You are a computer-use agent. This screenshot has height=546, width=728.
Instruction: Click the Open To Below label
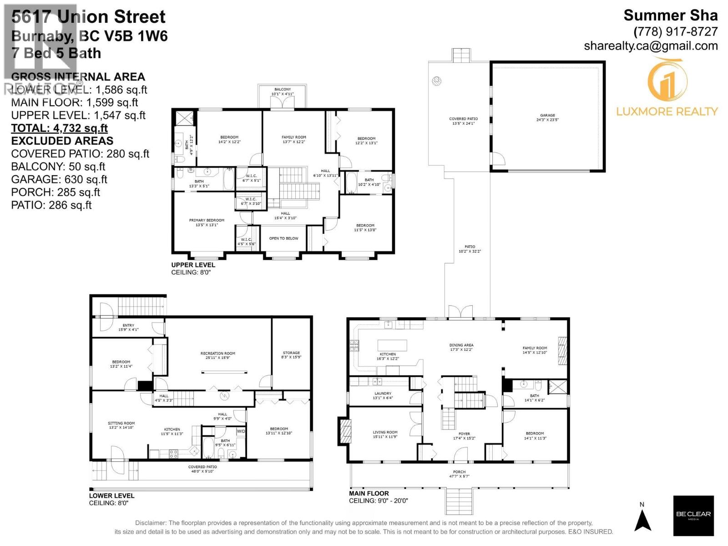tap(283, 238)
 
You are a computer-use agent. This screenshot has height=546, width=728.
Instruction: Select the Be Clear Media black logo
tap(693, 516)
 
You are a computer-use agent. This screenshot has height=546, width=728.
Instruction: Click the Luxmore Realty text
tap(667, 111)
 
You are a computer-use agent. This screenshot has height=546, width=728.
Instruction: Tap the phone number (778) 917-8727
tap(675, 32)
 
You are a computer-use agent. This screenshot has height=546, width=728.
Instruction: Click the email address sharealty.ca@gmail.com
tap(651, 46)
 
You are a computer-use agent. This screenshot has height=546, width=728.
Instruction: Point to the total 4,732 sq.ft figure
tap(59, 128)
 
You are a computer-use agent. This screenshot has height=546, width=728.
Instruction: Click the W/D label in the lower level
tap(241, 431)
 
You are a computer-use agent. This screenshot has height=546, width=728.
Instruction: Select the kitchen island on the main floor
tap(392, 345)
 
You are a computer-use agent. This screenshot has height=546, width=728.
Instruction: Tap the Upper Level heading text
tap(193, 265)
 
